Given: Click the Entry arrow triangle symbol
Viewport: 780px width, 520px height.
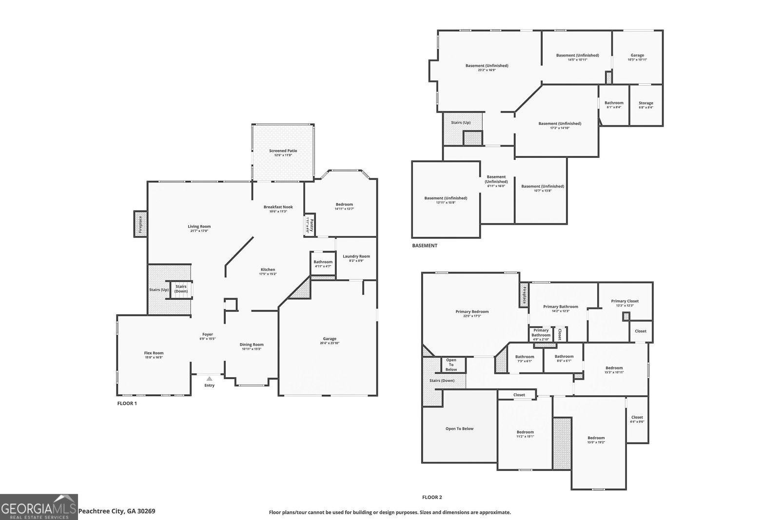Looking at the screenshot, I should coord(209,379).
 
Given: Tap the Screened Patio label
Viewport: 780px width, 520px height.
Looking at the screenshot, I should coord(283,151).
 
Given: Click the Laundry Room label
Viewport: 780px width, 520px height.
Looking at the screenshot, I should coord(356,256).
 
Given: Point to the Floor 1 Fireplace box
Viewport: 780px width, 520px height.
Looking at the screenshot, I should coord(140,224).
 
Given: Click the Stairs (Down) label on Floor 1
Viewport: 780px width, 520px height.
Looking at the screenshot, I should coord(181,289).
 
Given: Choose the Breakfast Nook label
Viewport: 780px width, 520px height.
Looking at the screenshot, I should coord(278,207).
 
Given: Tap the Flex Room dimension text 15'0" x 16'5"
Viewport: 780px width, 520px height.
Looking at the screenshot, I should coord(154,358).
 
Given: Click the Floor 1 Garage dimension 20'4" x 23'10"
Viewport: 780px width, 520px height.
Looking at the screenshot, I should coord(330,343).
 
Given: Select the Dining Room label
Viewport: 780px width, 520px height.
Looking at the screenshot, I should coord(252,345).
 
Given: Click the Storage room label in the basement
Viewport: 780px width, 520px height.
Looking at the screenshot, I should coord(645,103).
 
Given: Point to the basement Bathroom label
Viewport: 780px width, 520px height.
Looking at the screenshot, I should coord(614,103).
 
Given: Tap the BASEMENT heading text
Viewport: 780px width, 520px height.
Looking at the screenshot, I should coord(425,246).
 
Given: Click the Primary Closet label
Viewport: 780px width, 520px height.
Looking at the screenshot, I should coord(624,301).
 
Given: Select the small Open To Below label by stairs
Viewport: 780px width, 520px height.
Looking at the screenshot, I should coord(451,365).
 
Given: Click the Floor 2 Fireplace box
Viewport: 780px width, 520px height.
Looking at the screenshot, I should coord(524,295).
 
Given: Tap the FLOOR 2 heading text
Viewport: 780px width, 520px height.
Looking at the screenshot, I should coord(432,498).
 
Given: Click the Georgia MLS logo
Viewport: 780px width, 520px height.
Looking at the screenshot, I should coord(39,507).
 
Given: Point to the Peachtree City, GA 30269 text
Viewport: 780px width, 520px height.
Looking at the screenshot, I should coord(117,511).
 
